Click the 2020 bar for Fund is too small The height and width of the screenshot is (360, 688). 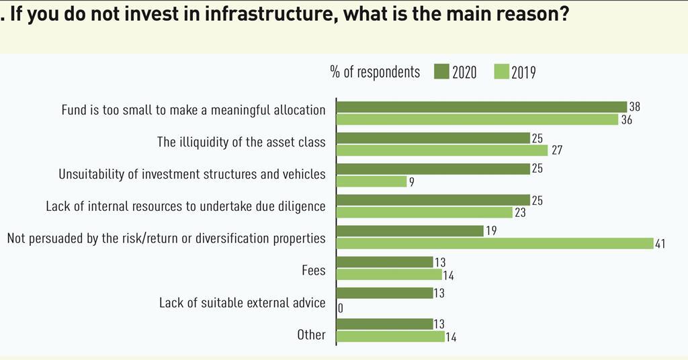coord(481,107)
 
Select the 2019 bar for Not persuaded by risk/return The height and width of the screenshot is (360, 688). coord(494,244)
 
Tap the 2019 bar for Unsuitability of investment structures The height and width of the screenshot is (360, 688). coord(371,181)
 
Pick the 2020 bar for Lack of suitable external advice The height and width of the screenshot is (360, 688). coord(385,293)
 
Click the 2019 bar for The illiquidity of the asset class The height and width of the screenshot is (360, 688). coord(442,150)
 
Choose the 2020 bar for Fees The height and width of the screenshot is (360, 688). coord(385,262)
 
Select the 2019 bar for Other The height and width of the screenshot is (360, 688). coord(390,336)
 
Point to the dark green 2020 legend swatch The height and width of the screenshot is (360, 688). coord(441,72)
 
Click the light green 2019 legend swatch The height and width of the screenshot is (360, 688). coord(501,72)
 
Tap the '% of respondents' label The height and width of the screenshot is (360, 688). coord(375,72)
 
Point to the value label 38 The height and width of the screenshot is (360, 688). coord(635,107)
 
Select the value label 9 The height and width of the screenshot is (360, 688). coord(412,182)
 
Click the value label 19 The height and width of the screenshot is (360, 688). coord(491,231)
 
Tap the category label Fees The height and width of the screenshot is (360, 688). coord(313,271)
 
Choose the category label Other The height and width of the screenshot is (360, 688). coord(311,334)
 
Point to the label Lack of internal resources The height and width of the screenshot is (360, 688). coord(185,206)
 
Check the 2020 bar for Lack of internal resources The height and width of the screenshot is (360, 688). coord(433,200)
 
